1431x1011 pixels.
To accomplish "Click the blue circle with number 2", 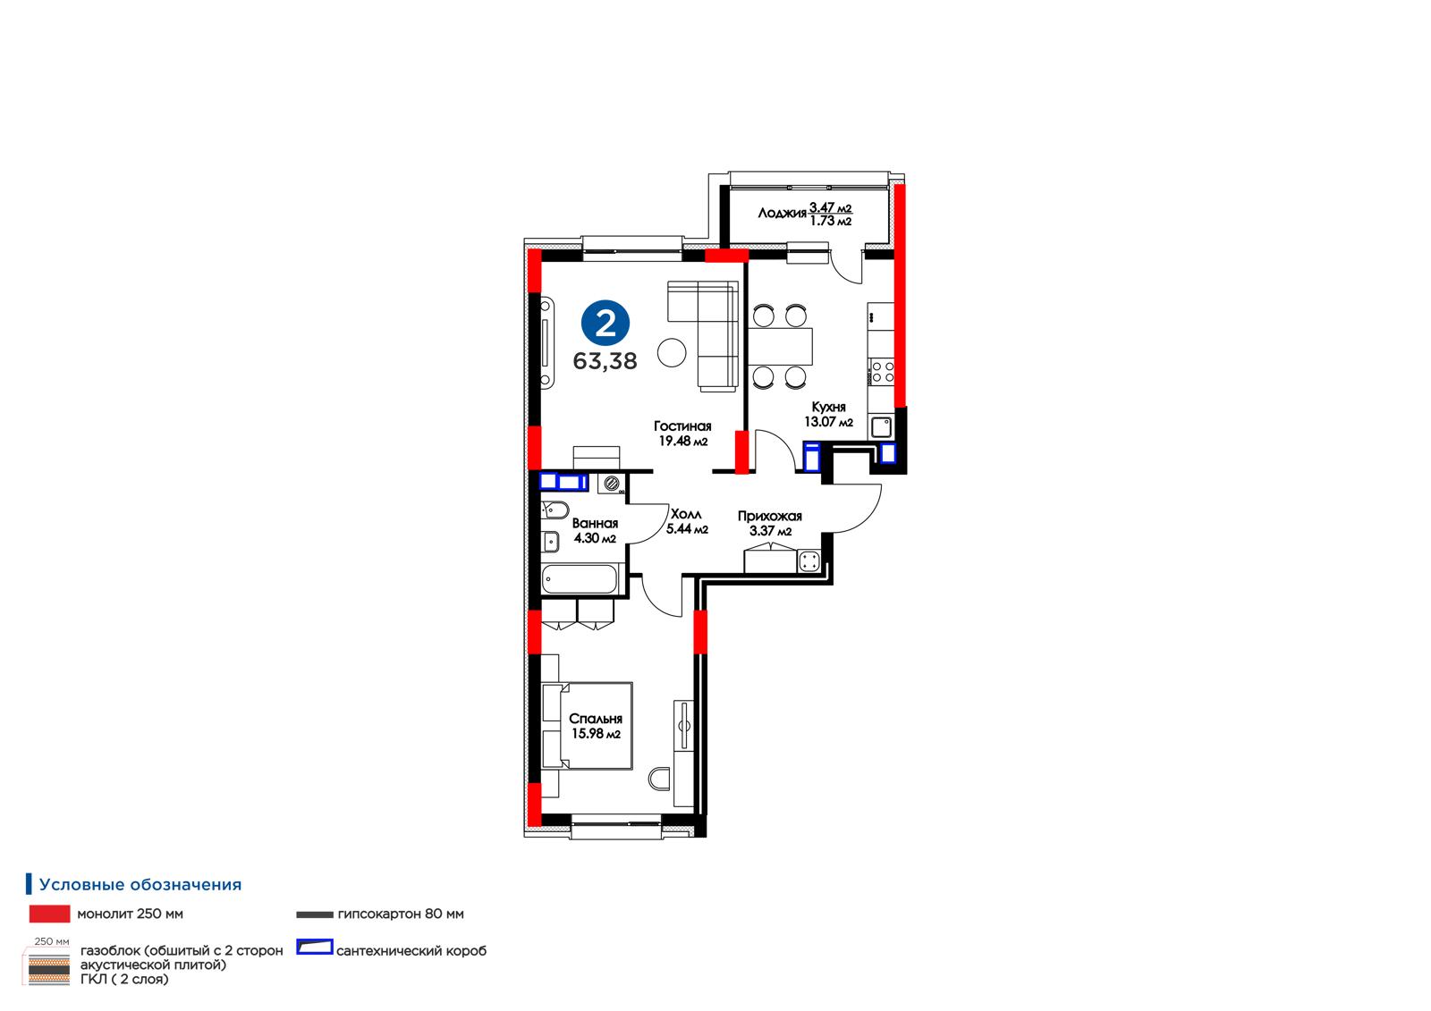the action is tap(605, 324).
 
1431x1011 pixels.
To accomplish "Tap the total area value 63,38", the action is tap(605, 361).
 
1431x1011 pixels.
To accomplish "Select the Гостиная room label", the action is tap(682, 426).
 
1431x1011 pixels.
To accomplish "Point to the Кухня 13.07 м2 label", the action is tap(828, 415).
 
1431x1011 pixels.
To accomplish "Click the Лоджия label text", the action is tap(782, 214).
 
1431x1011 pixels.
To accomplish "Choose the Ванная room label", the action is tap(595, 523).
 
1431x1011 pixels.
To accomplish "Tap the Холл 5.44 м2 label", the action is tap(687, 521).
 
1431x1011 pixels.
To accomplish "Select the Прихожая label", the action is tap(769, 516).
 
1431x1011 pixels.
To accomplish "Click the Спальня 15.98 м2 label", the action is tap(596, 726).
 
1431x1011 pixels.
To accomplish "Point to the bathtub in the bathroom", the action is tap(580, 578).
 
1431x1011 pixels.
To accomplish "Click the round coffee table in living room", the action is tap(672, 352).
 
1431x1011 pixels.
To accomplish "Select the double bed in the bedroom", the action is tap(587, 726).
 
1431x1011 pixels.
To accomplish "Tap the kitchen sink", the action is tap(882, 426).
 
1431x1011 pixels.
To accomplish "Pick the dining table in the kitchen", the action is tap(780, 346).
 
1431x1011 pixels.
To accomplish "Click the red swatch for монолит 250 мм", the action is tap(50, 914).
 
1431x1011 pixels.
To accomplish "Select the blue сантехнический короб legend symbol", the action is tap(314, 948).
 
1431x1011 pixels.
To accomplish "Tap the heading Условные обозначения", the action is tap(140, 885).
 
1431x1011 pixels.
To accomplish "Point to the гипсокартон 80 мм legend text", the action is tap(401, 914).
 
